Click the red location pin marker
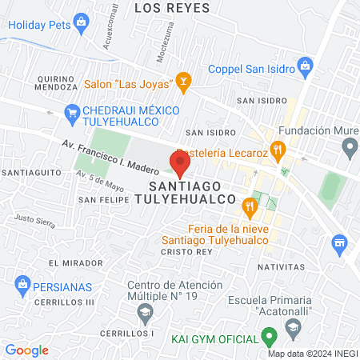179,166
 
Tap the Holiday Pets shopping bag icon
81,24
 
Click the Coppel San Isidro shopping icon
304,64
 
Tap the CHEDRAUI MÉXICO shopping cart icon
72,112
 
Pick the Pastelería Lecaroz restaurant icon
278,148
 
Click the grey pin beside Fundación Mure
349,146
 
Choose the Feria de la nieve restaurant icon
250,206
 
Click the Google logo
26,350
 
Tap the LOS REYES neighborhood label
172,8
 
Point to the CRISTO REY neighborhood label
183,251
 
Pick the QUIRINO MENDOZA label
35,82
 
